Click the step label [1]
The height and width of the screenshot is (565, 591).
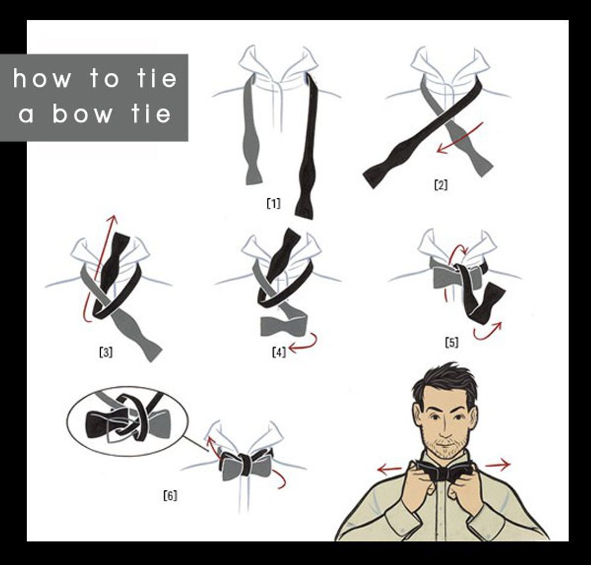274,203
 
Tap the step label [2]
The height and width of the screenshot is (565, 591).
441,185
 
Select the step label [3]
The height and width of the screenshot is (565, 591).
106,352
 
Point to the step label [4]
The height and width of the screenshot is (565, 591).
279,352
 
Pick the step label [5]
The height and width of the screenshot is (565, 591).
452,342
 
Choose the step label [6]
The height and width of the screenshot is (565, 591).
170,495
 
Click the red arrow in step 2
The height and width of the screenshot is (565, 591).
460,138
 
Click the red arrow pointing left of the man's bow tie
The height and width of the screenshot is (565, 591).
390,469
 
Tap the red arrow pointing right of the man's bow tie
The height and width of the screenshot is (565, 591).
498,465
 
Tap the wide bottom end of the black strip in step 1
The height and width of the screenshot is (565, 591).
305,209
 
